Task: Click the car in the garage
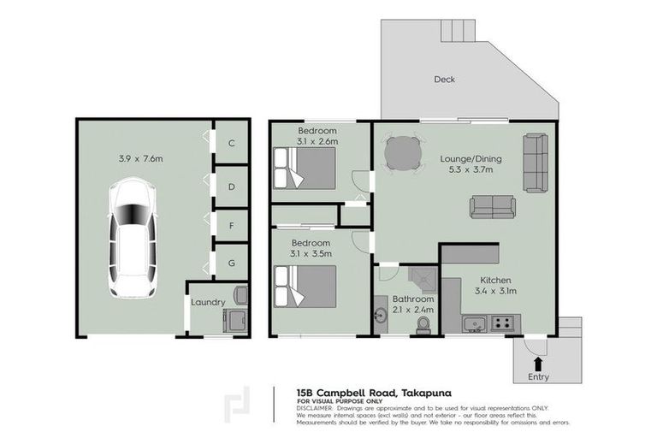click(131, 237)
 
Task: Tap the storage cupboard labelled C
click(231, 144)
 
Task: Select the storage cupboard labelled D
click(231, 186)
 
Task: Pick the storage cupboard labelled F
click(231, 225)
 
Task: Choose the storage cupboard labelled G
click(231, 263)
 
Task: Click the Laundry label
click(208, 302)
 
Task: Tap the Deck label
click(443, 80)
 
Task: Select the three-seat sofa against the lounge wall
click(536, 163)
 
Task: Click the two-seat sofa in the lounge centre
click(492, 207)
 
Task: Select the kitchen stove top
click(502, 323)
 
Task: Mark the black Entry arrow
click(538, 362)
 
